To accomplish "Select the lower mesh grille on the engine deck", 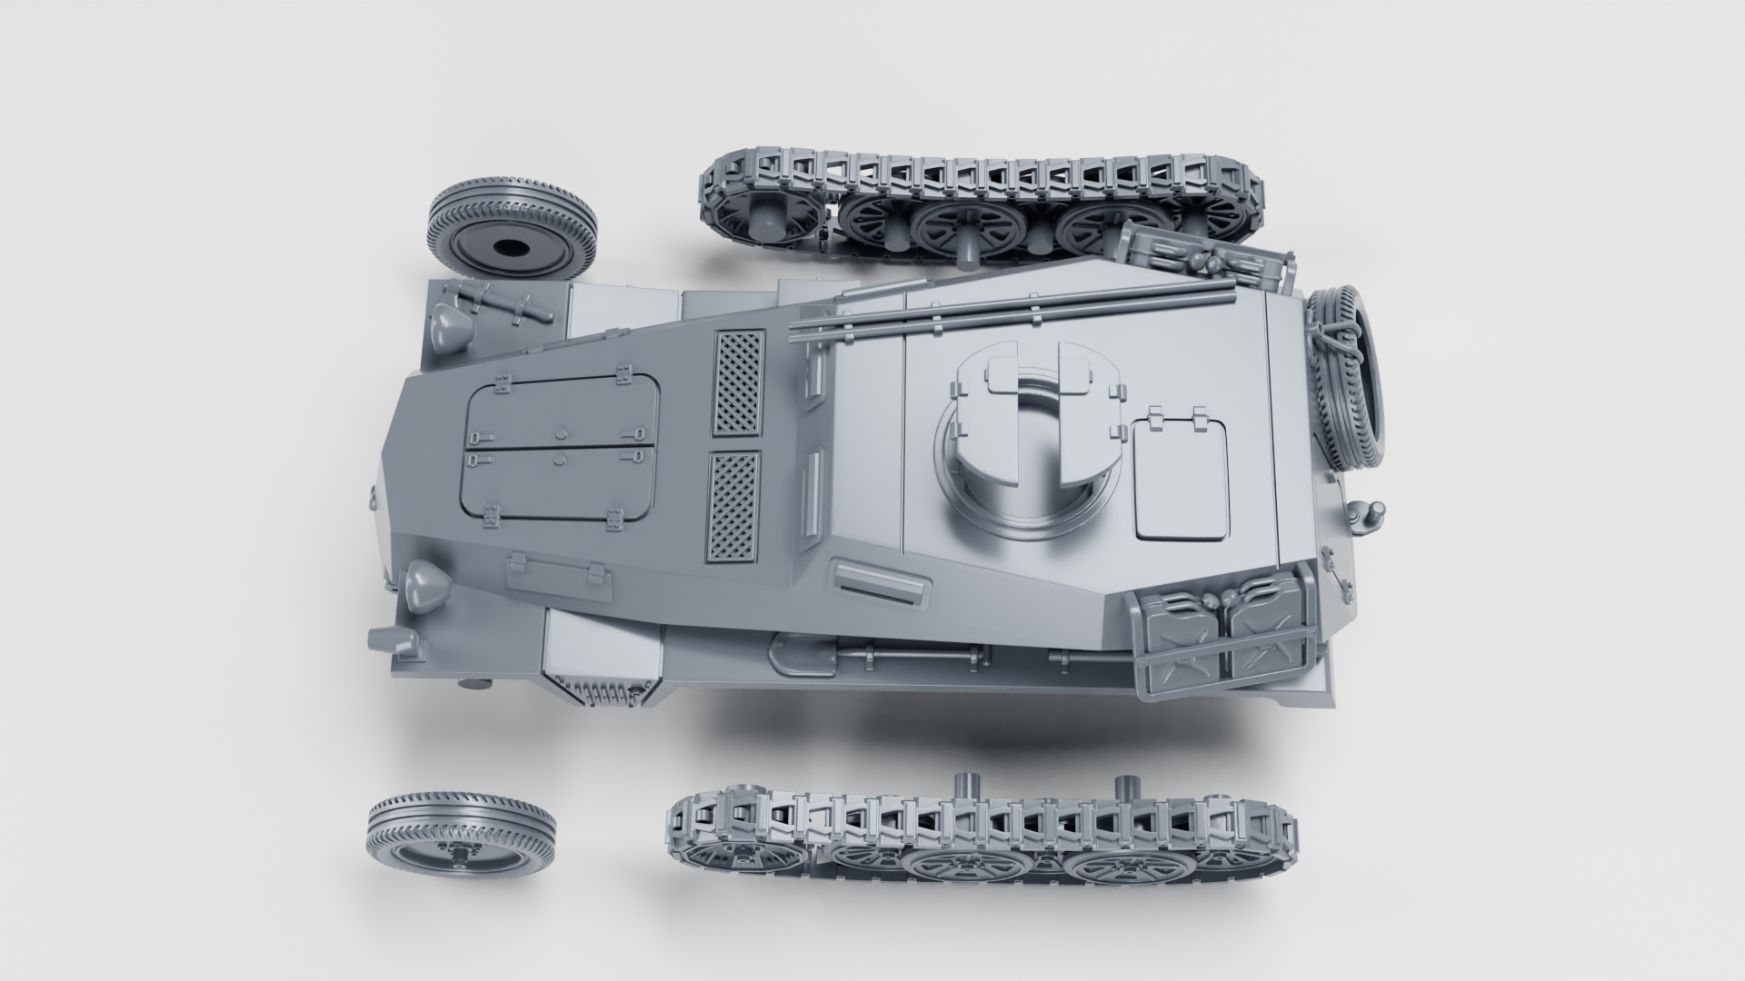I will pos(733,507).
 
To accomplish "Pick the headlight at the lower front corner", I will pos(424,586).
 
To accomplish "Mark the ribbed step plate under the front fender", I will pos(600,693).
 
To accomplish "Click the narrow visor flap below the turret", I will pos(882,583).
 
